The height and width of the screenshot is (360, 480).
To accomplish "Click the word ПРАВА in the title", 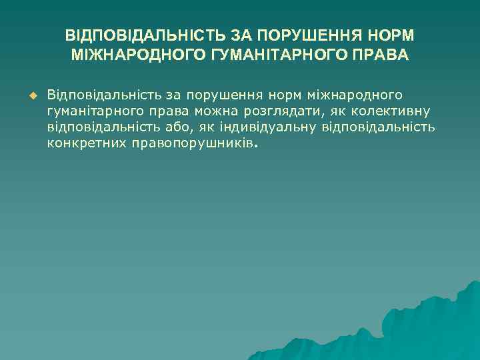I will [379, 53].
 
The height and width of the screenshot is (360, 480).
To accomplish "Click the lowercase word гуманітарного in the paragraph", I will [89, 110].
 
